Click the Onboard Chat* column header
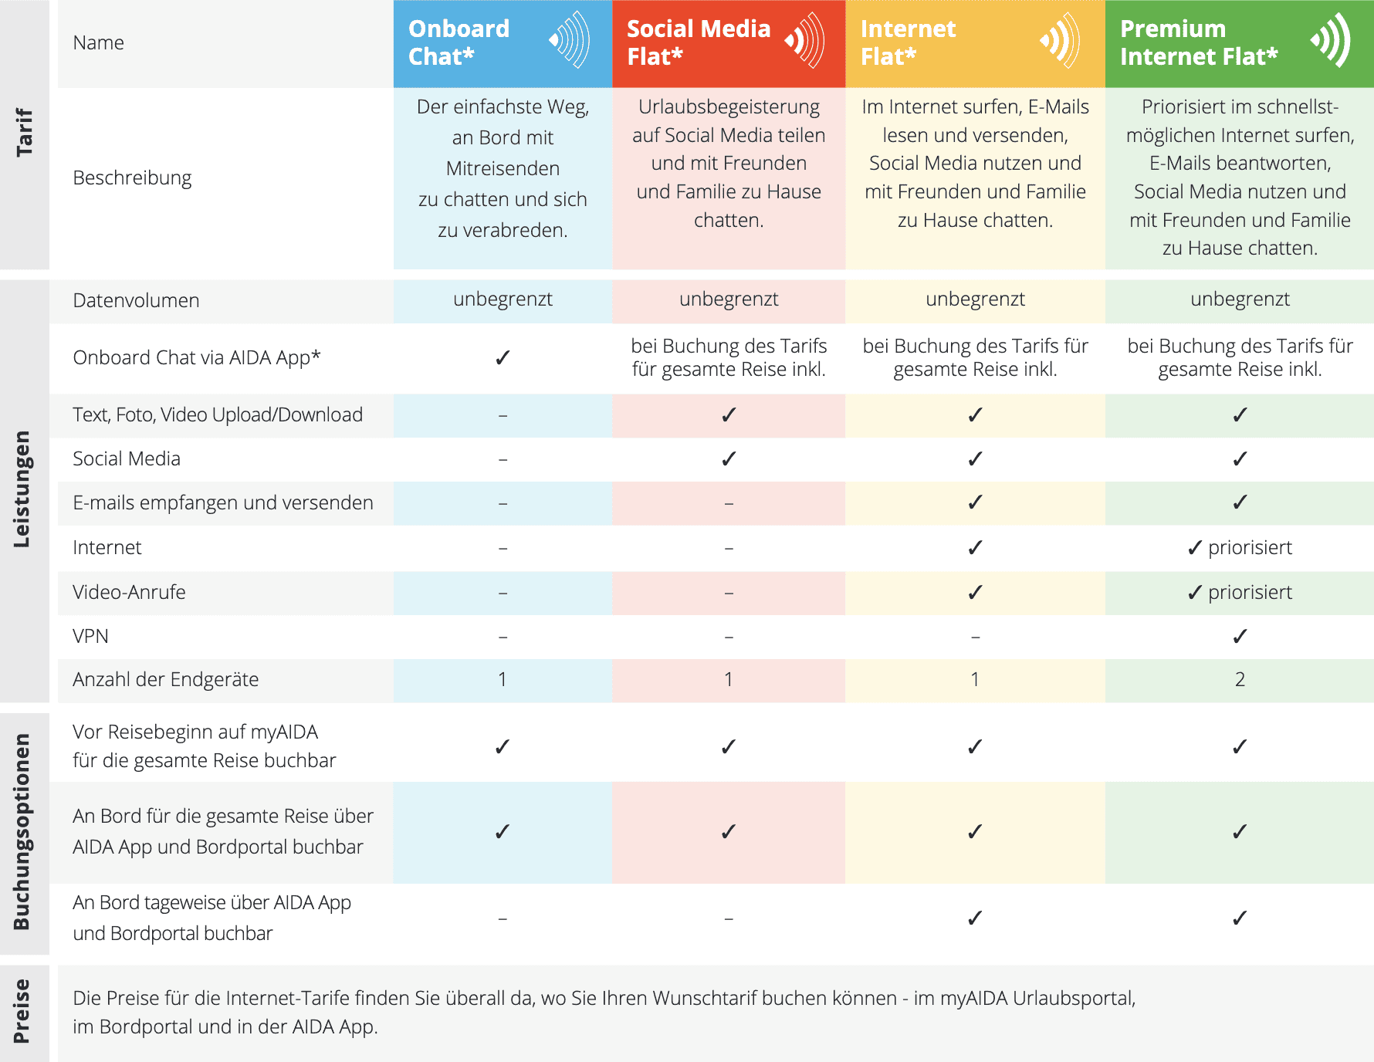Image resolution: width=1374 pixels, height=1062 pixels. pos(459,42)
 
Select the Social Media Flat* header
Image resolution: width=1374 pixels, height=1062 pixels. pos(698,42)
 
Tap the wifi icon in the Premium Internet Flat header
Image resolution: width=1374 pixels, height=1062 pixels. pos(1330,40)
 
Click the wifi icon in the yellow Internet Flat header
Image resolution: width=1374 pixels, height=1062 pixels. pos(1059,40)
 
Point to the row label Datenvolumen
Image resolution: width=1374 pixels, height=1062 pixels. pos(136,300)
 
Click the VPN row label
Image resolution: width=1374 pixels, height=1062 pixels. pos(90,636)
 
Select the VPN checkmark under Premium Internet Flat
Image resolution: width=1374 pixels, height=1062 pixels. pos(1240,636)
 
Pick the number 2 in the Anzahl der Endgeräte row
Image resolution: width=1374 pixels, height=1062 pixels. pos(1240,679)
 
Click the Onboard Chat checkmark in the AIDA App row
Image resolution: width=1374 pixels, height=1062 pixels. pos(503,357)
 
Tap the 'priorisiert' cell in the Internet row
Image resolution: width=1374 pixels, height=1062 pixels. pos(1240,547)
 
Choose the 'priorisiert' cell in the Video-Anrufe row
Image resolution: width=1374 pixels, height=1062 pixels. pos(1240,592)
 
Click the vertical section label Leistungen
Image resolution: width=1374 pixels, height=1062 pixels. pos(22,489)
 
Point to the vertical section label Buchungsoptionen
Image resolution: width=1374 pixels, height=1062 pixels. pos(22,831)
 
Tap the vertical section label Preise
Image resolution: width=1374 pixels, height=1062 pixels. pos(22,1011)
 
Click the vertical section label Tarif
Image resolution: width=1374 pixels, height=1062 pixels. pos(24,132)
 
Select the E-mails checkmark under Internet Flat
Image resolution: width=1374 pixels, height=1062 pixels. pos(975,502)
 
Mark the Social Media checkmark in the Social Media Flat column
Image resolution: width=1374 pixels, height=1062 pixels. pos(729,459)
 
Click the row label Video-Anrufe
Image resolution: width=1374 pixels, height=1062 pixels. pos(129,592)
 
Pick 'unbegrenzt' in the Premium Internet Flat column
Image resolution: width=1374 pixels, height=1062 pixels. pos(1240,299)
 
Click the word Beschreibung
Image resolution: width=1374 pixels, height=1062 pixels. pos(132,178)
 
